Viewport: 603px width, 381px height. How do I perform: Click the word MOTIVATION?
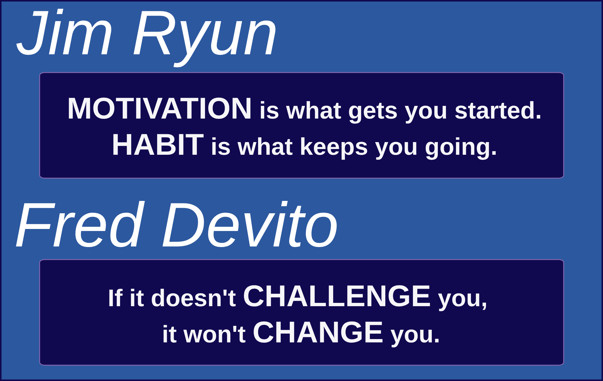159,109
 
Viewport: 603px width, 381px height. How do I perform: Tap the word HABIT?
158,145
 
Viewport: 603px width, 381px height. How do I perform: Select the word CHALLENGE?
337,296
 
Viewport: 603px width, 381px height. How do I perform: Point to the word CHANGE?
318,332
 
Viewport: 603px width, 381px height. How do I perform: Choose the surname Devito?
250,225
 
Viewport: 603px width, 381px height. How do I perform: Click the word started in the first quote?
498,110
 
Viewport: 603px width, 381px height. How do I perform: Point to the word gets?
373,112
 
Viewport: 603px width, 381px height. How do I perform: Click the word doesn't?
193,298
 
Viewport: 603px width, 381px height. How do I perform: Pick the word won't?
215,335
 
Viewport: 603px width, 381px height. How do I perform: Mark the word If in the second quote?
115,298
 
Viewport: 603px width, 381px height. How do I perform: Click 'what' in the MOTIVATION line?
314,110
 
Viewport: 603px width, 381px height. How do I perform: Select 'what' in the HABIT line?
265,147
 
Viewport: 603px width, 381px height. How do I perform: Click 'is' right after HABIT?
221,147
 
